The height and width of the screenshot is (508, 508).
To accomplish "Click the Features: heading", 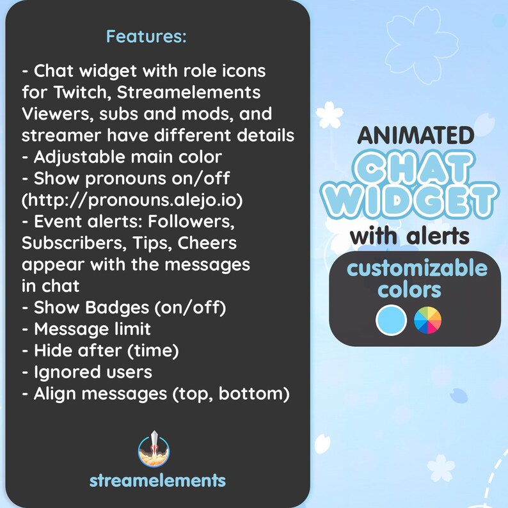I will point(146,36).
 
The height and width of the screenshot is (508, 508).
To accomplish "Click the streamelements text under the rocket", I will point(157,480).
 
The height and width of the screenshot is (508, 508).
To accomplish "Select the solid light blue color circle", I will point(392,319).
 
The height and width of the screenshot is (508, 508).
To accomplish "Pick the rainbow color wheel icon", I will point(428,319).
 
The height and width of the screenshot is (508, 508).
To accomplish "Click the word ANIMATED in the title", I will point(416,135).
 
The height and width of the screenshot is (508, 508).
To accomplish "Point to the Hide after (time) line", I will point(100,351).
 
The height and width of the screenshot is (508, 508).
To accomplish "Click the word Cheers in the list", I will point(207,243).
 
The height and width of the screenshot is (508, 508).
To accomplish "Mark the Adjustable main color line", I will point(122,157).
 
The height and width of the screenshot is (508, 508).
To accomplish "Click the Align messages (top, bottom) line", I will point(155,393).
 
